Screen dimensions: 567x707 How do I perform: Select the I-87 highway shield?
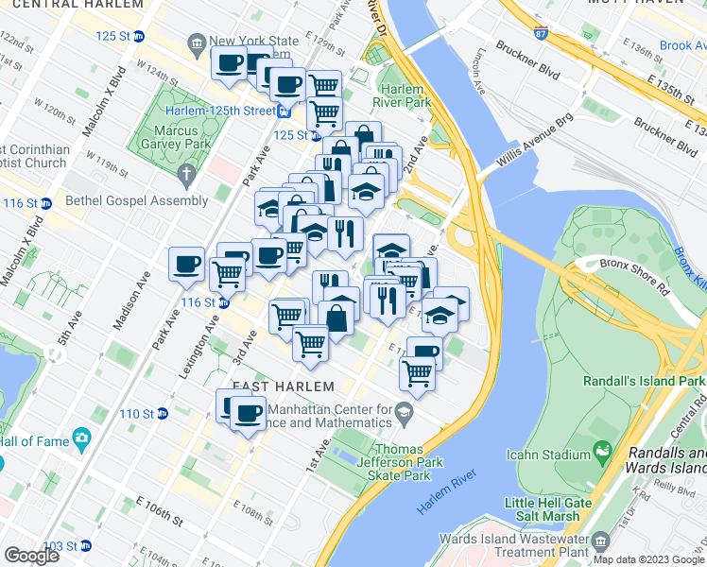tap(540, 34)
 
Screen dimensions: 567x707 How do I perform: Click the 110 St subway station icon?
tap(162, 414)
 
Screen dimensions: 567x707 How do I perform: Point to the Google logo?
tap(31, 555)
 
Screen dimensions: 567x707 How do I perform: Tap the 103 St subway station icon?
tap(85, 546)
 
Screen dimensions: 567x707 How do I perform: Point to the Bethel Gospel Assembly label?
tap(137, 200)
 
